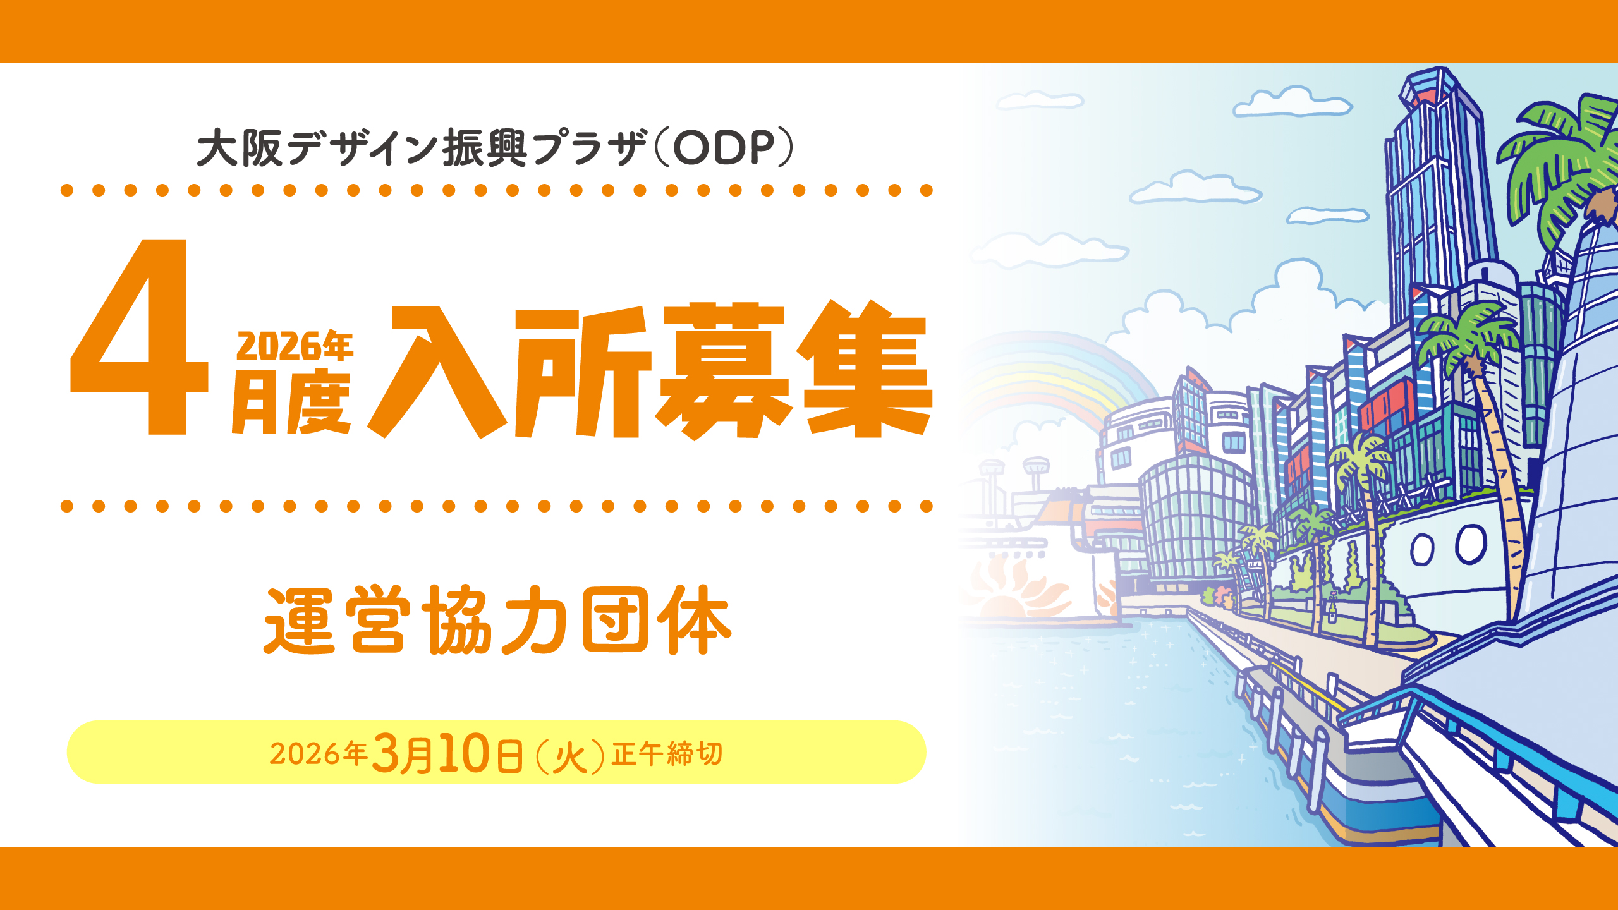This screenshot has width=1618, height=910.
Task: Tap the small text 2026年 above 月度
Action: coord(295,347)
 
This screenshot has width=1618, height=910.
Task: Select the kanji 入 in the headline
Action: coord(436,372)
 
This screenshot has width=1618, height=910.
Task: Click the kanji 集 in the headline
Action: coord(864,369)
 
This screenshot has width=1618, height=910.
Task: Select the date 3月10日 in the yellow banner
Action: coord(447,753)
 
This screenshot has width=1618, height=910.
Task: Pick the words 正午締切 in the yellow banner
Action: coord(667,754)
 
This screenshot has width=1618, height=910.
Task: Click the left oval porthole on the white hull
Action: coord(1422,549)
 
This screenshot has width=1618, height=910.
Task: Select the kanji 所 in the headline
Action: coord(582,373)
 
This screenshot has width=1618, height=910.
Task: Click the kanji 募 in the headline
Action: coord(724,370)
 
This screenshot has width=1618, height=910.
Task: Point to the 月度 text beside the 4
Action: coord(291,402)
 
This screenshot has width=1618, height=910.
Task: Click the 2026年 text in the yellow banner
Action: coord(319,753)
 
